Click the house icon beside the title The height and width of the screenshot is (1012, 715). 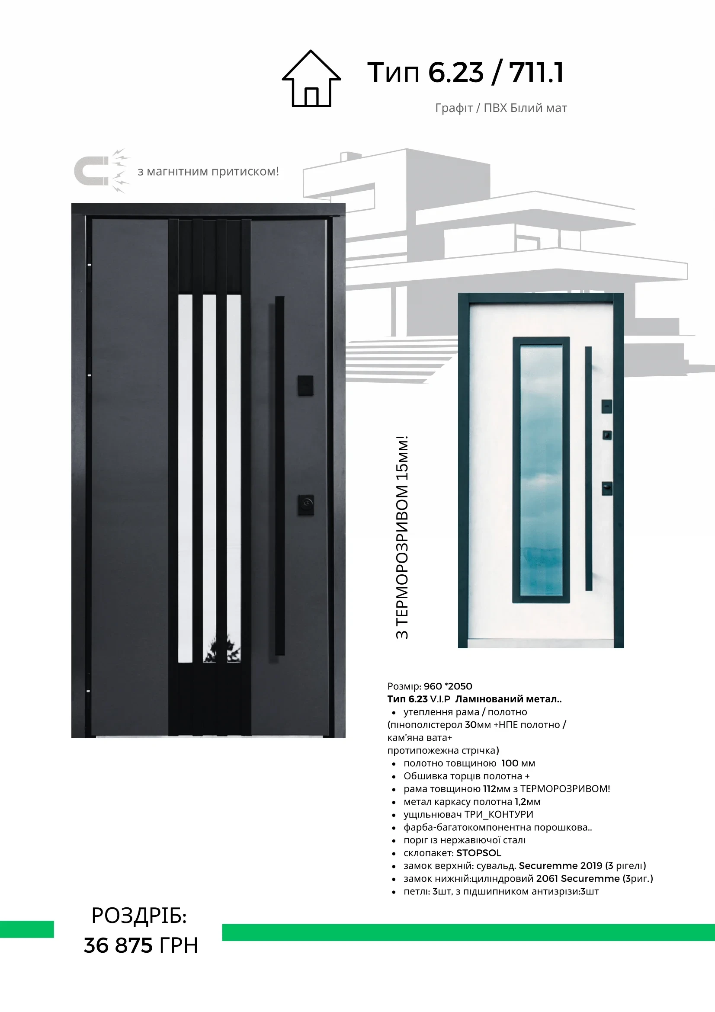(311, 79)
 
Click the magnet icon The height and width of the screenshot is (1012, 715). (95, 171)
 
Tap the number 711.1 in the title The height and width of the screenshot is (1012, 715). (536, 73)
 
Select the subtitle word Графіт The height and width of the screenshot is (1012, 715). (454, 108)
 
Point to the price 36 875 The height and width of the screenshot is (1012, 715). (118, 946)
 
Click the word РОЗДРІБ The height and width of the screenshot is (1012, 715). (139, 916)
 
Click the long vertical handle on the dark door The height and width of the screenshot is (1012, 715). (279, 476)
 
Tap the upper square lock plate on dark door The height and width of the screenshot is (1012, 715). (305, 385)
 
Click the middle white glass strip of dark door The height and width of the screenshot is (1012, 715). (209, 478)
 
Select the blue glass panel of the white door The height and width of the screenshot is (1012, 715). (541, 470)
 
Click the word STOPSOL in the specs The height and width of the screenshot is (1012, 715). (479, 853)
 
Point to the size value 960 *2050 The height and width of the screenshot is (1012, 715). (447, 686)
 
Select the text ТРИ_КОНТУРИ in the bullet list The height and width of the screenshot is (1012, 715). (499, 814)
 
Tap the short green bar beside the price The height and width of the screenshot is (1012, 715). (27, 929)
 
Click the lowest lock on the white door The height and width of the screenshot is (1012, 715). (607, 488)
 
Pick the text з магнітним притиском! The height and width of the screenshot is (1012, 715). (208, 171)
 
